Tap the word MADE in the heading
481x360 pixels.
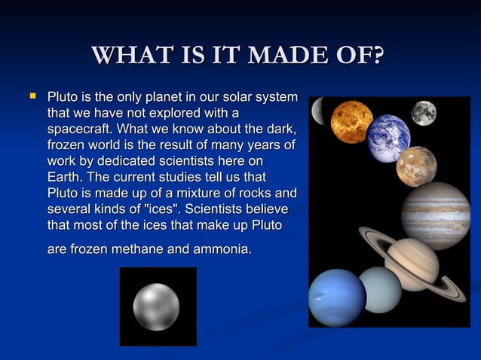point(290,56)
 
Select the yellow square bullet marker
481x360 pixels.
point(32,96)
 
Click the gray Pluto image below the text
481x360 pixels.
point(157,306)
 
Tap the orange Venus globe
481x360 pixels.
point(351,121)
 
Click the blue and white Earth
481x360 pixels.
point(388,137)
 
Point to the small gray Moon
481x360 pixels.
point(424,113)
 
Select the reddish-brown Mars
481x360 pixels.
point(416,166)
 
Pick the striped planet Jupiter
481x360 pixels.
point(436,215)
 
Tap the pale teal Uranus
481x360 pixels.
point(380,289)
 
